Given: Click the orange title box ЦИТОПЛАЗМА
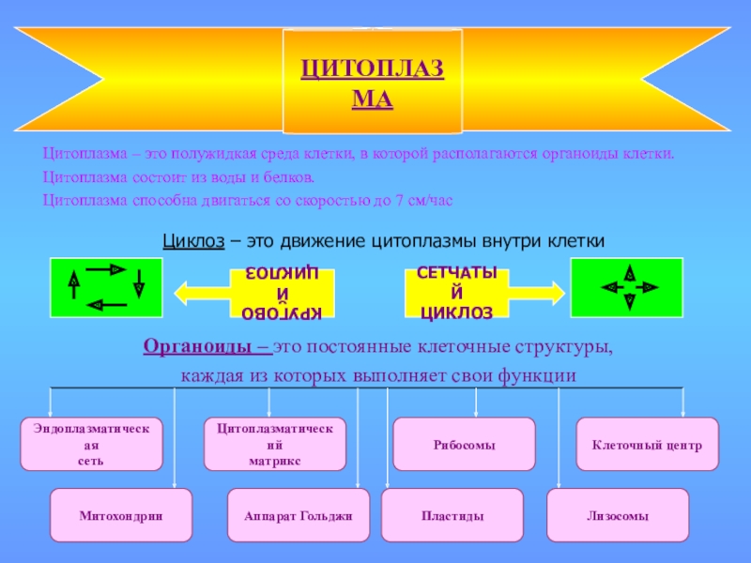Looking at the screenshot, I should pos(373,81).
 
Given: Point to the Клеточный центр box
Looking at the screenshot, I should pos(647,445).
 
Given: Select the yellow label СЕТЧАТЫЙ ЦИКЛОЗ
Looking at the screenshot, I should pos(456,293).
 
